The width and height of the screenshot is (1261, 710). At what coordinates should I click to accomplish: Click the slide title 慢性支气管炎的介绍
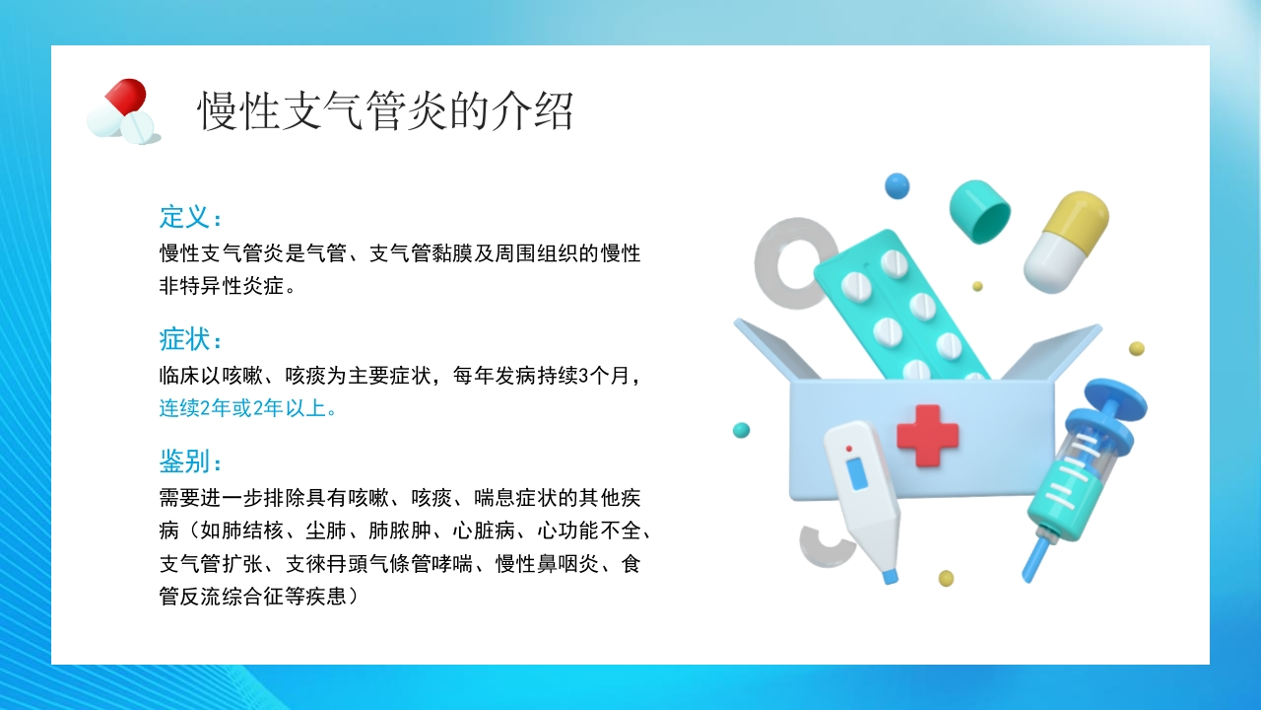point(385,111)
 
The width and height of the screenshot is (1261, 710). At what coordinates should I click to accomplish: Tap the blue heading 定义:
point(190,217)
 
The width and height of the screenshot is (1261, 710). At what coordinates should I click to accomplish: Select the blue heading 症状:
point(190,339)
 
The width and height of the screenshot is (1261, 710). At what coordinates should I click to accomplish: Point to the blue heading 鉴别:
point(190,461)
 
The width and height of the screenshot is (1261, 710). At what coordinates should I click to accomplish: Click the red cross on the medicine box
point(927,436)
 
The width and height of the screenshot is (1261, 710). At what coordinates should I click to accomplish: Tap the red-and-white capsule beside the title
point(117,107)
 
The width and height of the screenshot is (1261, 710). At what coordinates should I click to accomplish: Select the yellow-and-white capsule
point(1066,243)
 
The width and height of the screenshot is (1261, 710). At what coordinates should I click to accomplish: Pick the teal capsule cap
point(980,212)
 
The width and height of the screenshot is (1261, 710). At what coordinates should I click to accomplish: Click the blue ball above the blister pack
point(896,186)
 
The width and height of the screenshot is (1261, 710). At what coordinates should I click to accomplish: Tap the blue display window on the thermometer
point(856,474)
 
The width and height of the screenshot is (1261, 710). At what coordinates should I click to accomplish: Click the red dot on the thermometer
point(849,449)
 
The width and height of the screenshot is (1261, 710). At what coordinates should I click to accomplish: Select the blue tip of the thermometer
point(890,577)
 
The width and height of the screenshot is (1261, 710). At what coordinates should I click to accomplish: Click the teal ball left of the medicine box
point(742,430)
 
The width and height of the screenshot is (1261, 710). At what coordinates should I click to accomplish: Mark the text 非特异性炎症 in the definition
point(222,286)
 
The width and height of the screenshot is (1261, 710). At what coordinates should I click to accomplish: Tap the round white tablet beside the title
point(137,127)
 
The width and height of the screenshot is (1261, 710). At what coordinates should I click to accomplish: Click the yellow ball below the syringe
point(946,578)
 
